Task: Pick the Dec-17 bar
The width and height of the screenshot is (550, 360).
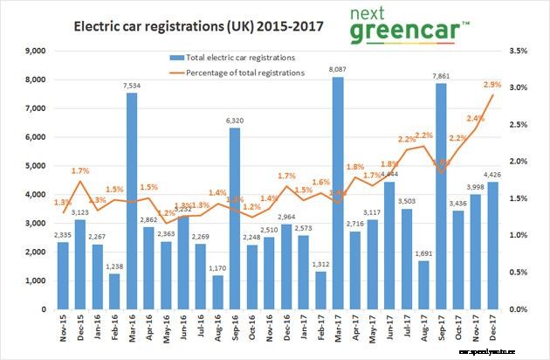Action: click(494, 246)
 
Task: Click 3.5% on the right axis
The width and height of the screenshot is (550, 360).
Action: click(518, 52)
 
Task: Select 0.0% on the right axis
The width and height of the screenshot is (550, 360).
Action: click(518, 309)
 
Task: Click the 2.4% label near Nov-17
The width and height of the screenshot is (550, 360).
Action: click(476, 118)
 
